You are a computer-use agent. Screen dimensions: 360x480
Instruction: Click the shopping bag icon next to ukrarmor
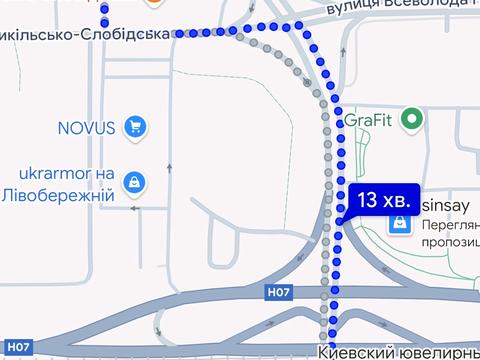pos(134,182)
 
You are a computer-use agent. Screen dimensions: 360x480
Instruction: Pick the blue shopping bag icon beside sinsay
pos(399,223)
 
